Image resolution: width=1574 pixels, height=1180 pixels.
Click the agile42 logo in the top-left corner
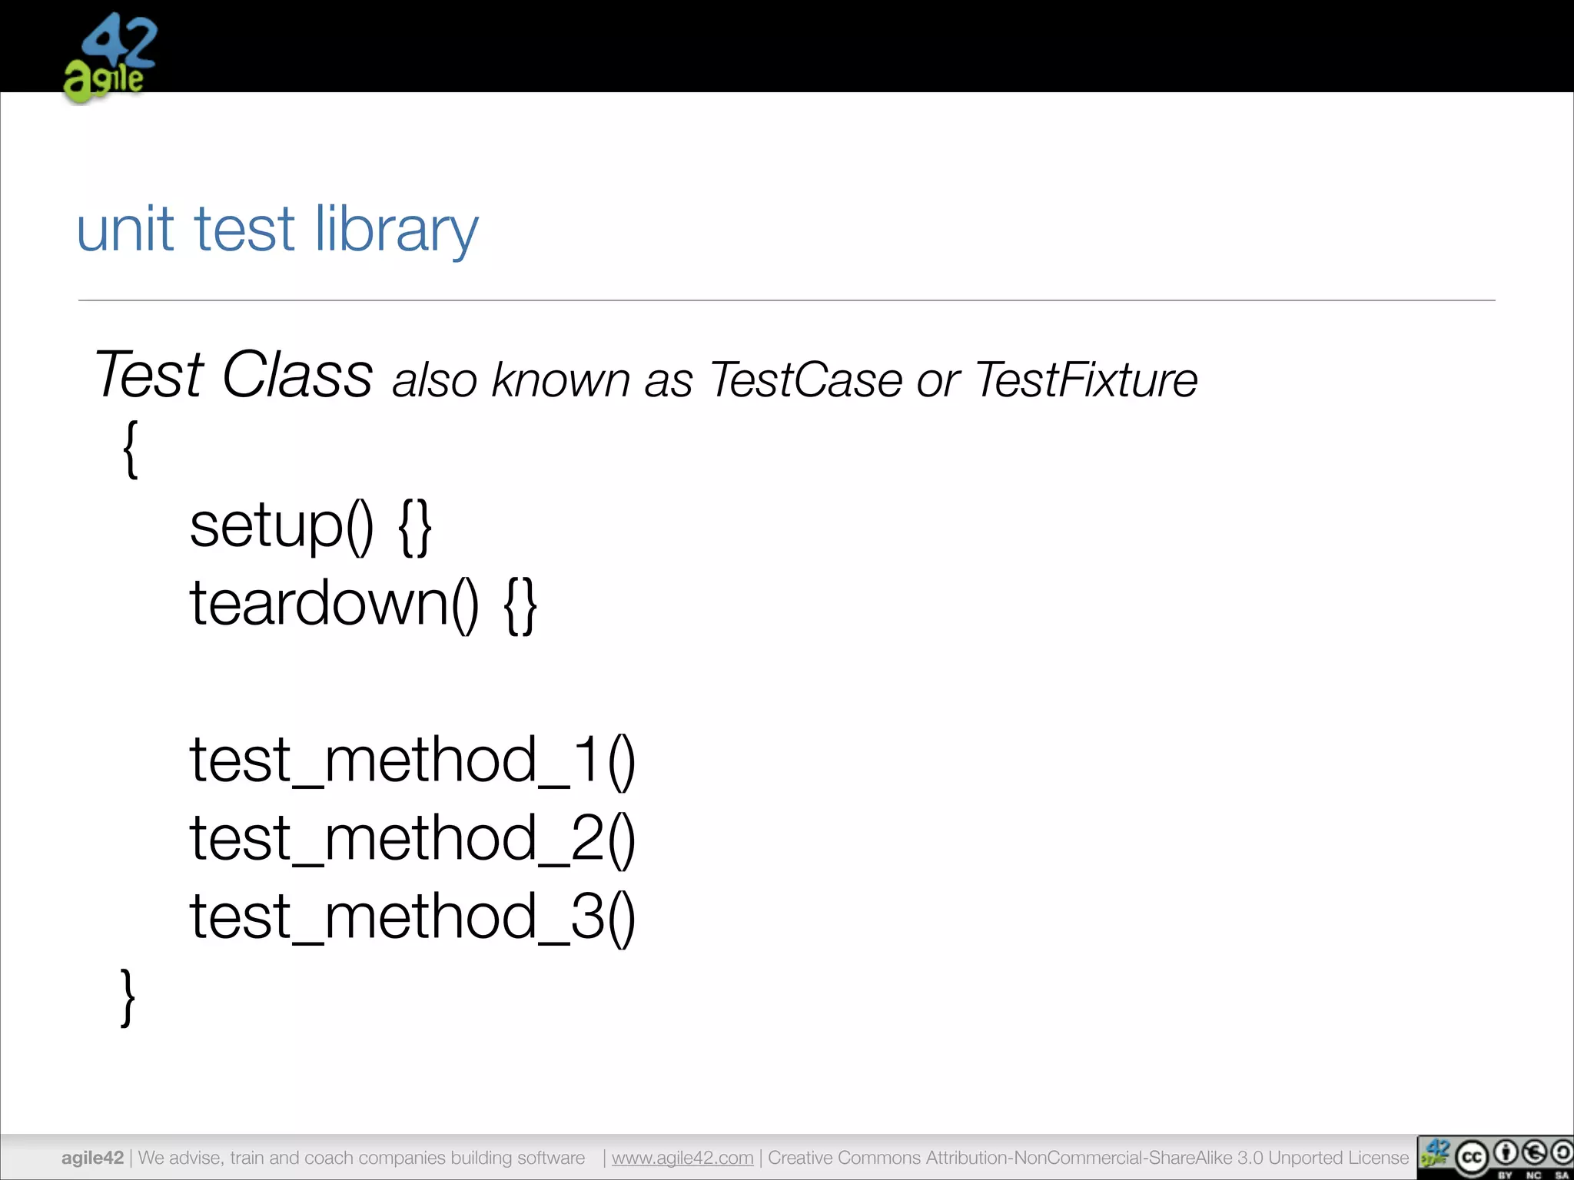(110, 58)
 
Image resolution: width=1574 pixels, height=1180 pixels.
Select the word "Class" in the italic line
(297, 375)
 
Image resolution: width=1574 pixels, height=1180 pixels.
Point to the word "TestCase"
(806, 380)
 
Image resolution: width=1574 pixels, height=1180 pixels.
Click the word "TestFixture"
(1087, 380)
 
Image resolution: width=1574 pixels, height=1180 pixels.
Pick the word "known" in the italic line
(561, 380)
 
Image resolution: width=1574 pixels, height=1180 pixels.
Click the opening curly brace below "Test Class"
(131, 450)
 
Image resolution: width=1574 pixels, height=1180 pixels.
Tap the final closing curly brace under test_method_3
(128, 996)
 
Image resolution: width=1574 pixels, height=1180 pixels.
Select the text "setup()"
(281, 526)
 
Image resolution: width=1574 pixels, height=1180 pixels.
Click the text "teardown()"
(334, 605)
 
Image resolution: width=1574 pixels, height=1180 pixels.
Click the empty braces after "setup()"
(415, 527)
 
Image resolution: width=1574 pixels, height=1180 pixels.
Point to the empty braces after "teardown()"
(520, 605)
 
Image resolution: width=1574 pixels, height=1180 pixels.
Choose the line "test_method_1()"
(412, 761)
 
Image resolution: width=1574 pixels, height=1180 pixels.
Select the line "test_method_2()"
(412, 839)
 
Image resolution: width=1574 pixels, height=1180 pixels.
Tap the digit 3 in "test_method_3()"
(587, 916)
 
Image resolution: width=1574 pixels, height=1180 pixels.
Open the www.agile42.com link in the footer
(682, 1158)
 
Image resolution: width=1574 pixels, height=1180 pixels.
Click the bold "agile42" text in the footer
(92, 1158)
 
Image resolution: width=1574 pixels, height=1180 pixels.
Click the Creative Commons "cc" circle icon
(1472, 1158)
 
